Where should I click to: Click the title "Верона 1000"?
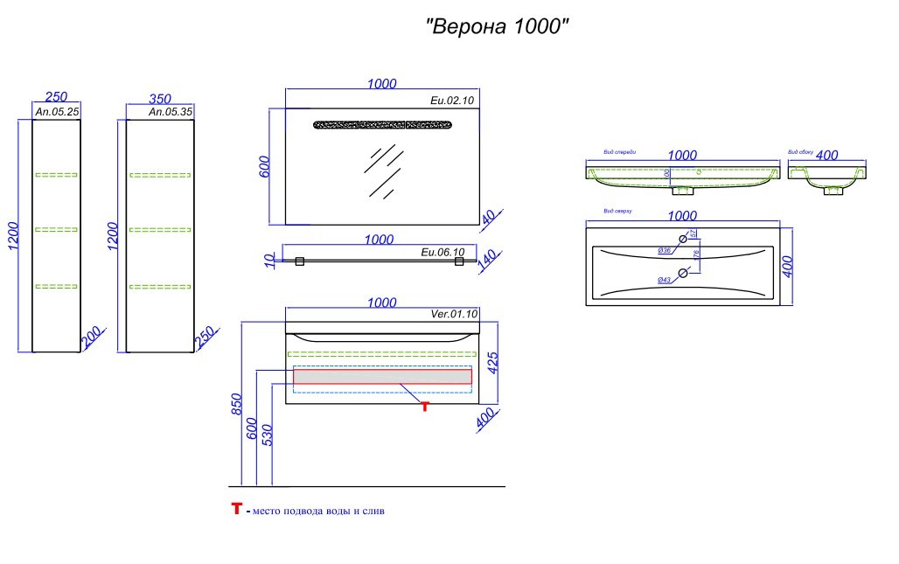(498, 27)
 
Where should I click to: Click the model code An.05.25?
(56, 112)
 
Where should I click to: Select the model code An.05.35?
(169, 112)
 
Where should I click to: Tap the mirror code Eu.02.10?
(452, 101)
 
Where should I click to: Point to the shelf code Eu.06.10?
(442, 252)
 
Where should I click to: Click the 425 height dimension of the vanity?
(493, 362)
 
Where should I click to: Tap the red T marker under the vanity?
(425, 406)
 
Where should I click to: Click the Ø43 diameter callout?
(664, 279)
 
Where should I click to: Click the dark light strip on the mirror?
(382, 124)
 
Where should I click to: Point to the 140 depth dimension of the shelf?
(488, 261)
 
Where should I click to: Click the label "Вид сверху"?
(617, 212)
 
